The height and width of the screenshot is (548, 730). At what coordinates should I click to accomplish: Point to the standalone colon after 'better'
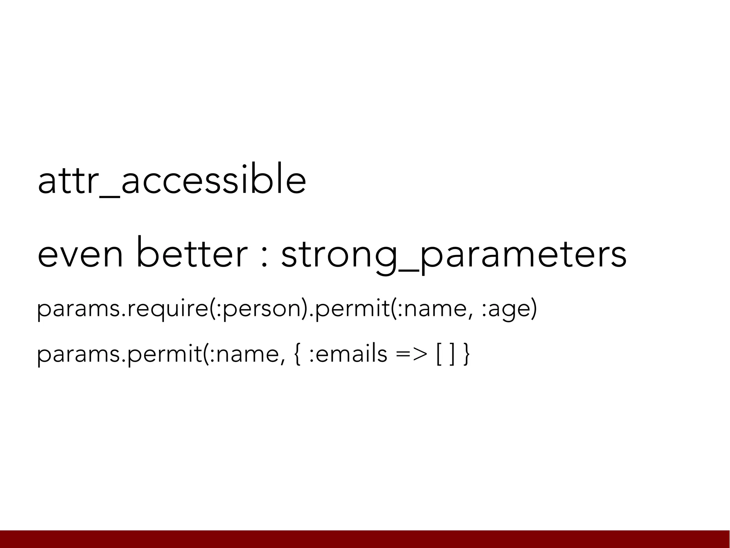click(264, 257)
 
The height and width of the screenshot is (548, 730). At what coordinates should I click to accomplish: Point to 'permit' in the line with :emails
click(166, 355)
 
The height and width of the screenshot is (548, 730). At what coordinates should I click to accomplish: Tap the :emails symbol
click(348, 354)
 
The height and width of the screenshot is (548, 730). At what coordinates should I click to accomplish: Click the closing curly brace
click(466, 355)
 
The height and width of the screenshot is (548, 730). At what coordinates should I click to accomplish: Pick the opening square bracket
click(438, 355)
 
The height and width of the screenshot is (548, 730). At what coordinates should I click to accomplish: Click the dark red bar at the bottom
click(365, 539)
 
